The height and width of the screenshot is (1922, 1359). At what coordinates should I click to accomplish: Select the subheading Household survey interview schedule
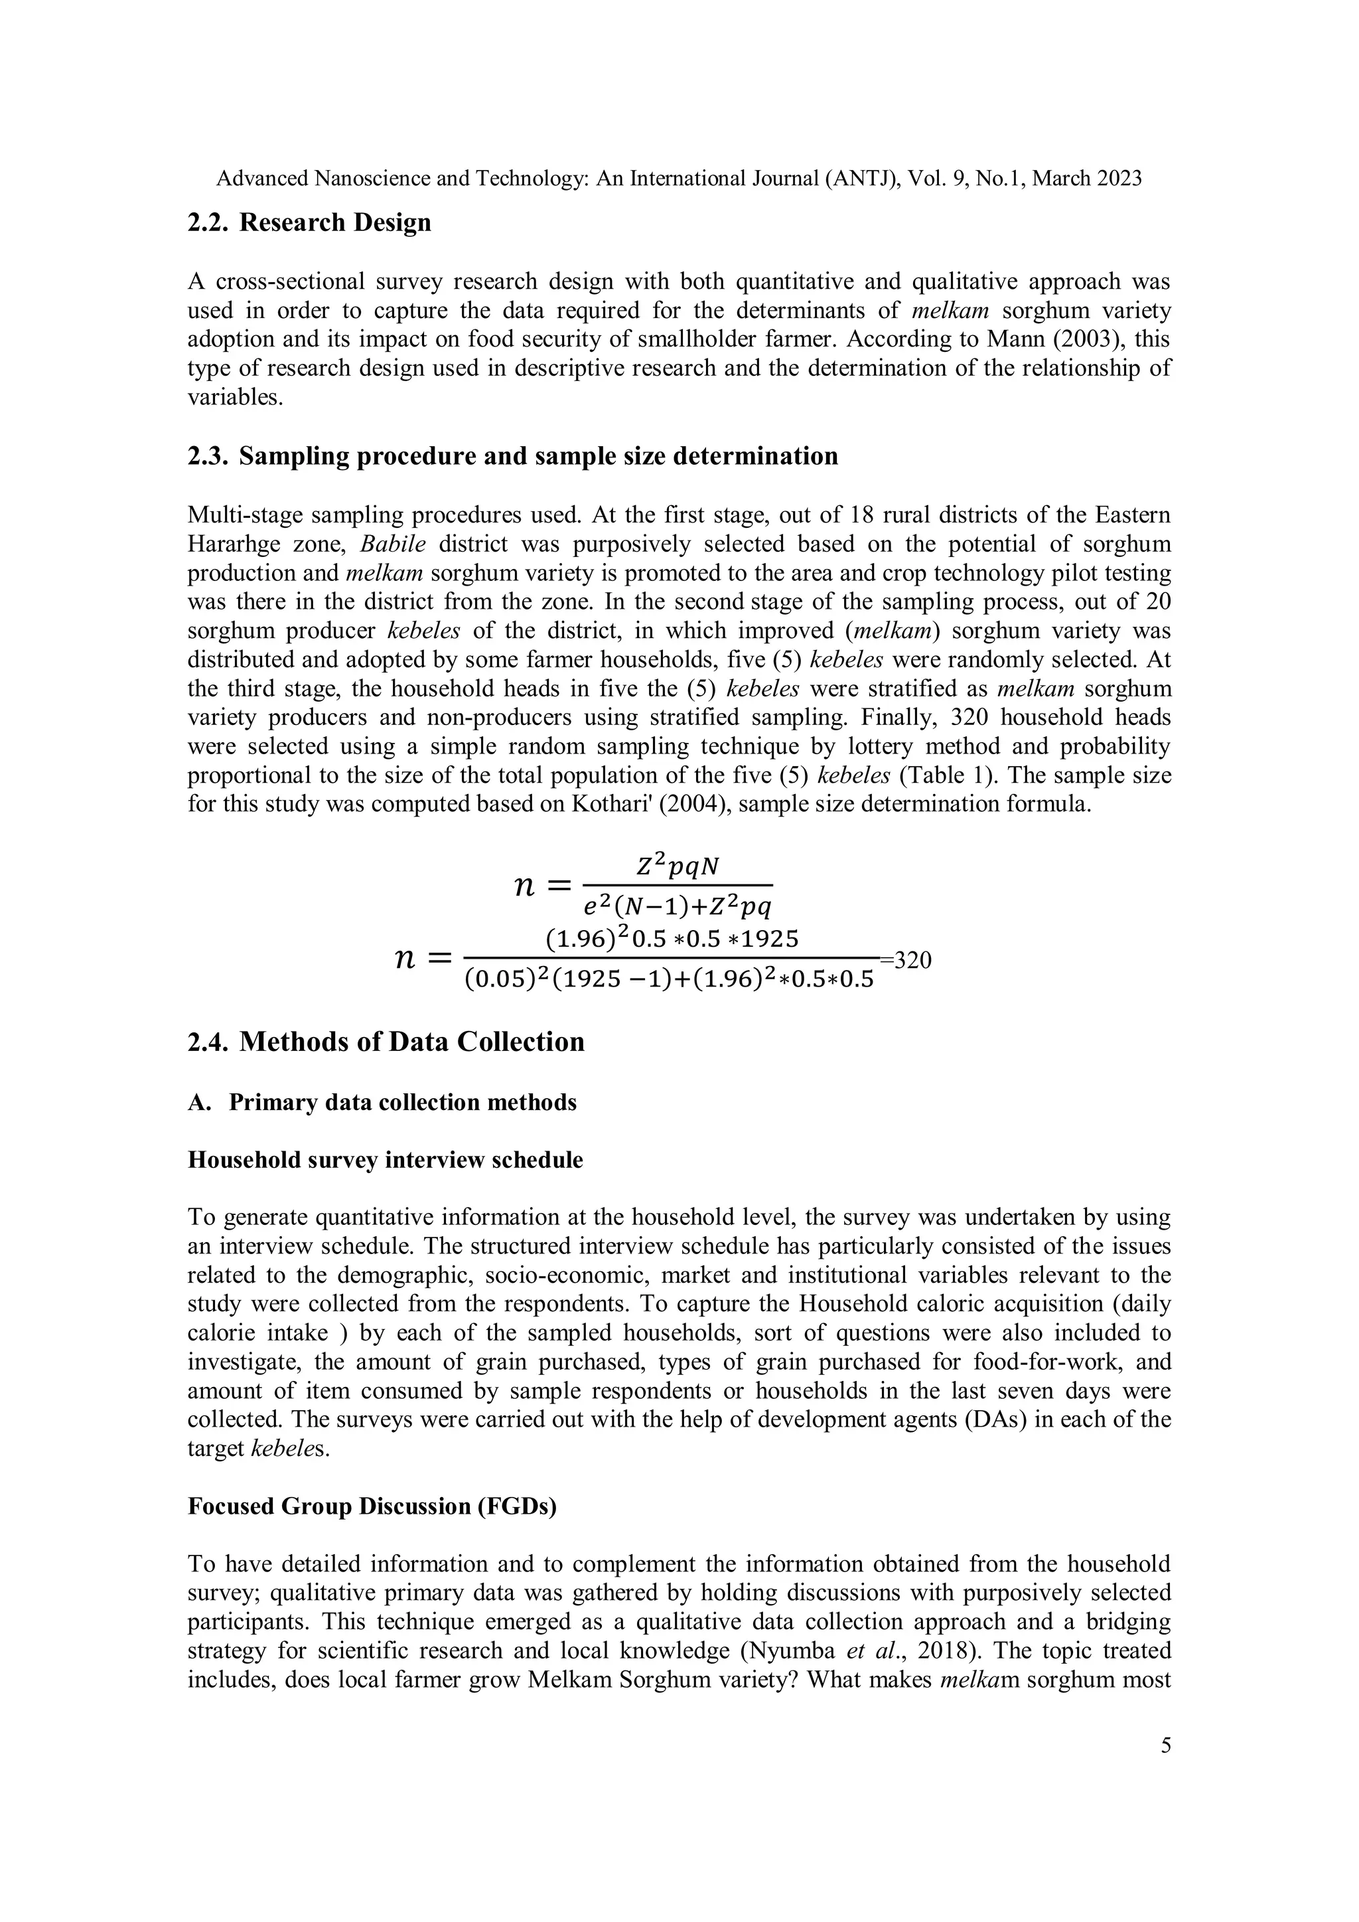pos(385,1161)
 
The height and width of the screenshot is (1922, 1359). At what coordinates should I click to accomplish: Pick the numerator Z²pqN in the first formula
pos(677,867)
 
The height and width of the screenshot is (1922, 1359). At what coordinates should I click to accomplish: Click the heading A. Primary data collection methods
pos(382,1103)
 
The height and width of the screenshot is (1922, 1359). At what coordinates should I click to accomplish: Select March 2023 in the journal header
pos(1087,179)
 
